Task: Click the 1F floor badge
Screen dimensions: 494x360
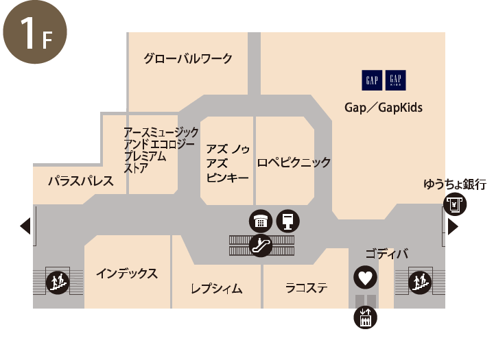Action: (35, 32)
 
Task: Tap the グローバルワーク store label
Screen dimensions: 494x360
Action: (188, 58)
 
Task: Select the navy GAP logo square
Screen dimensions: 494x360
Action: (372, 80)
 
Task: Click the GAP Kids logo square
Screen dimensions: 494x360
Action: (395, 80)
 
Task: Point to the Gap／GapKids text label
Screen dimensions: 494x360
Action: (384, 108)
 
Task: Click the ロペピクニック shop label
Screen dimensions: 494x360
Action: (294, 163)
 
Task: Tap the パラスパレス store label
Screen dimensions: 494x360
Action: (81, 182)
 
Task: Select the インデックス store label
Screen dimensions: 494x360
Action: (127, 274)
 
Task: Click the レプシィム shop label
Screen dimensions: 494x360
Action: (217, 289)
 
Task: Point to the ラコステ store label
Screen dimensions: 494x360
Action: (306, 288)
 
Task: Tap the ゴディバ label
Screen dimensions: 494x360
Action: (386, 254)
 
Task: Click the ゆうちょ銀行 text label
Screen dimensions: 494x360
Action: (455, 184)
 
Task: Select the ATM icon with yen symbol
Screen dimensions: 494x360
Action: (455, 204)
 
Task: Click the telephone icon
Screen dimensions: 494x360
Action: (261, 221)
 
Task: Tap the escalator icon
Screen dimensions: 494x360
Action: (261, 245)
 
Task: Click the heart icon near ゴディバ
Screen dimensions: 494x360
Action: (365, 278)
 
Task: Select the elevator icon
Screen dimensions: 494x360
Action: (365, 317)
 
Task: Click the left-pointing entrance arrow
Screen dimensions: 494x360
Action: (25, 226)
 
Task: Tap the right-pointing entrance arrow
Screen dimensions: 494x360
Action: (453, 226)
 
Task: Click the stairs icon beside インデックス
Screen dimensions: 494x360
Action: (58, 283)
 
